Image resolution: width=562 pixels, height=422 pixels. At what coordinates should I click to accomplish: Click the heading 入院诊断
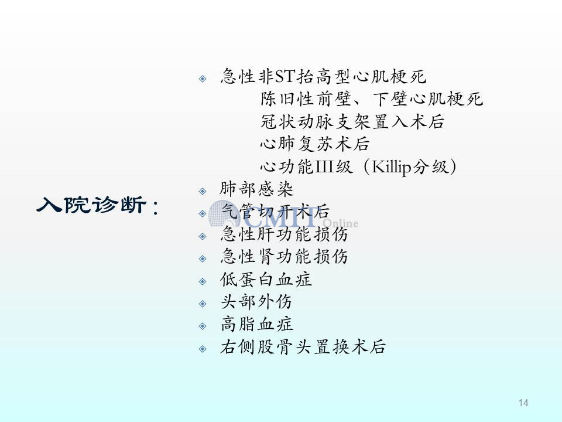92,205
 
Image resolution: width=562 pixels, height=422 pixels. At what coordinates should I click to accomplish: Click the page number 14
523,403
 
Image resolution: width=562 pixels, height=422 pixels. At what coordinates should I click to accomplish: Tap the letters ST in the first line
285,76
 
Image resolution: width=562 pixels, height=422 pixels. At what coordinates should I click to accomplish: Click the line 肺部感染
256,189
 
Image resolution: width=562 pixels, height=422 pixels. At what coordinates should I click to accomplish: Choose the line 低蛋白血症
266,279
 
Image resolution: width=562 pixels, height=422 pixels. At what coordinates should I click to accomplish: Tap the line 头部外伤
256,302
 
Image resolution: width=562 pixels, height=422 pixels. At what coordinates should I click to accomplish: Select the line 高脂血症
256,324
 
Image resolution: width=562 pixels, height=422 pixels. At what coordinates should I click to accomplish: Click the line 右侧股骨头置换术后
303,346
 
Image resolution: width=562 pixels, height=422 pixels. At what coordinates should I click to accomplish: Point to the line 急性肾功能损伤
284,257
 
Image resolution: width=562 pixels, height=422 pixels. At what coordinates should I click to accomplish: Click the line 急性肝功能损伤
284,234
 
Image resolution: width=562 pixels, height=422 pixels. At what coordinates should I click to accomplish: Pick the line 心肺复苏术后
315,144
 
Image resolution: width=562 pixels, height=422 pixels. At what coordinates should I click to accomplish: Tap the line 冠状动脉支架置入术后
352,121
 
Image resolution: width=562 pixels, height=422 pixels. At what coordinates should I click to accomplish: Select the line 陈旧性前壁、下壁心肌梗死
372,98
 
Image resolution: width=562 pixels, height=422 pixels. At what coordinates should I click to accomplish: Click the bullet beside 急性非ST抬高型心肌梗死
203,79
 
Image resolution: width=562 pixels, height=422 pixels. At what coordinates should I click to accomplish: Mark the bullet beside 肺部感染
203,191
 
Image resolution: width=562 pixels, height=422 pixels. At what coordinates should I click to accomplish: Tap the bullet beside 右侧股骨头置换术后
203,349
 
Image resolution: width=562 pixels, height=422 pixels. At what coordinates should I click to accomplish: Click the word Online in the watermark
340,223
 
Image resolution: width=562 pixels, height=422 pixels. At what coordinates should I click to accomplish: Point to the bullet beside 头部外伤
203,304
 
